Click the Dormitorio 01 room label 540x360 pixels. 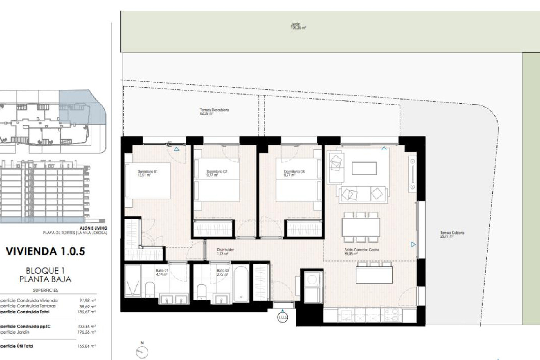[x=147, y=173]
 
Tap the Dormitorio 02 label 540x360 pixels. [x=217, y=173]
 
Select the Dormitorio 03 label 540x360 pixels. [x=294, y=173]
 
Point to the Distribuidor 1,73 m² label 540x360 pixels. [x=225, y=251]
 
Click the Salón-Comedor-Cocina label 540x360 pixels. [x=361, y=251]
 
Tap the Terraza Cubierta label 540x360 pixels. [x=452, y=234]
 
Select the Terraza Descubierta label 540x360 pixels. [x=214, y=111]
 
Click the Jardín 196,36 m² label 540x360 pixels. [x=298, y=26]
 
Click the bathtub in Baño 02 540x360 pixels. [x=241, y=283]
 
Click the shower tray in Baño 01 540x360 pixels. [x=132, y=281]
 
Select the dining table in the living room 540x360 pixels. [x=361, y=227]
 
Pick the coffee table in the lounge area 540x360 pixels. [x=364, y=168]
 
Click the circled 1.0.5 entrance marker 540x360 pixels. [x=282, y=318]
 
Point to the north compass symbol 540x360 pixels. [x=142, y=352]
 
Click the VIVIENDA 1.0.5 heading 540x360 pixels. [x=45, y=251]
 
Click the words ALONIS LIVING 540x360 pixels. [x=93, y=228]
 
